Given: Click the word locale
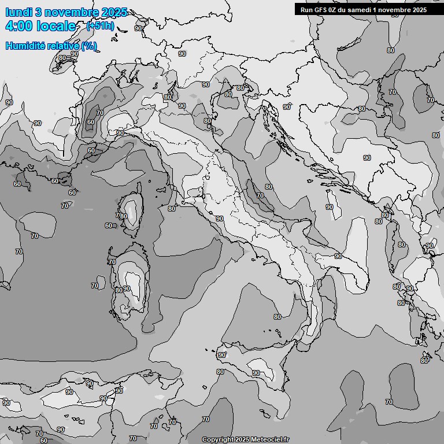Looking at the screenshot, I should [56, 26].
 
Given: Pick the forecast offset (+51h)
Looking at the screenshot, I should [100, 26].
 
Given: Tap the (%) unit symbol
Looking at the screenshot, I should [89, 46].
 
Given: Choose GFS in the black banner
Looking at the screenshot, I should [321, 9].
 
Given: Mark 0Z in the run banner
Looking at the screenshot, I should [335, 9].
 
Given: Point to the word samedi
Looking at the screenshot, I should [365, 9].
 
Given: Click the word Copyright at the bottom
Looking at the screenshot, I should [217, 440].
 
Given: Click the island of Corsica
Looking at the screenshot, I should [132, 211].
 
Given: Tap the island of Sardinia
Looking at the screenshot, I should [131, 286].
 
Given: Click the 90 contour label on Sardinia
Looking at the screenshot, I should [127, 288].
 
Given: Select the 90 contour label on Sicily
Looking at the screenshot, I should [256, 373].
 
